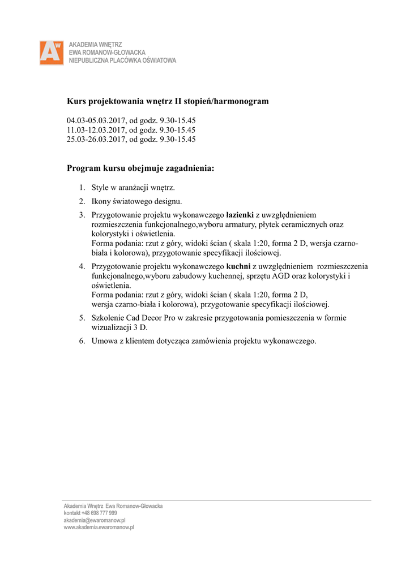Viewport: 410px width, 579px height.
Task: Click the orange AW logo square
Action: pyautogui.click(x=51, y=53)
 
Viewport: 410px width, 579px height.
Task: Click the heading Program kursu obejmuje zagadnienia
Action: pyautogui.click(x=140, y=168)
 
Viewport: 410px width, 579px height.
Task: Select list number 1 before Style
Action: pyautogui.click(x=82, y=188)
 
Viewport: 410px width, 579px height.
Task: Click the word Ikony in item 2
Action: pyautogui.click(x=103, y=201)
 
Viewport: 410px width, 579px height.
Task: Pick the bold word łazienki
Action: pyautogui.click(x=240, y=215)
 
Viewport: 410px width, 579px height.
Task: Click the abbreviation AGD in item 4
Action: pyautogui.click(x=279, y=276)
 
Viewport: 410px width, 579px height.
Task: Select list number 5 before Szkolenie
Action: pyautogui.click(x=82, y=318)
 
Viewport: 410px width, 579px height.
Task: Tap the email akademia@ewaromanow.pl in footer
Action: pyautogui.click(x=94, y=520)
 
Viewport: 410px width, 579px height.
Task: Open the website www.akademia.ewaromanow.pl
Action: pyautogui.click(x=99, y=527)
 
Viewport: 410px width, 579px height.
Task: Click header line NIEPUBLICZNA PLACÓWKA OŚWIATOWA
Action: pyautogui.click(x=122, y=61)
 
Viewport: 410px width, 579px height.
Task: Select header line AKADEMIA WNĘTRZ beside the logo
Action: pyautogui.click(x=95, y=44)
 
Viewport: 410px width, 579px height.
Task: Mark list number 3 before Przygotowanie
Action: pyautogui.click(x=82, y=215)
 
